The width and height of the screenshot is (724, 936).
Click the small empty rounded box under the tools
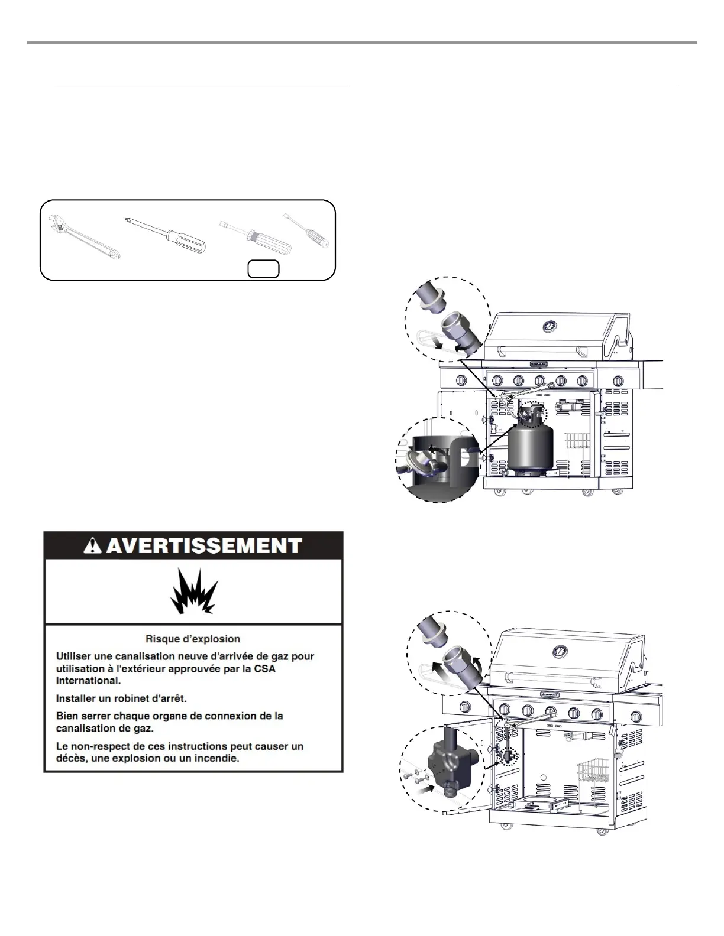(263, 268)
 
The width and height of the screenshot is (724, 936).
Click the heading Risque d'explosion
(193, 639)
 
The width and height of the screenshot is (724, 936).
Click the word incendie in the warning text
(217, 758)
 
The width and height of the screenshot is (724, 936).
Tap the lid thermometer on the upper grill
(550, 327)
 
